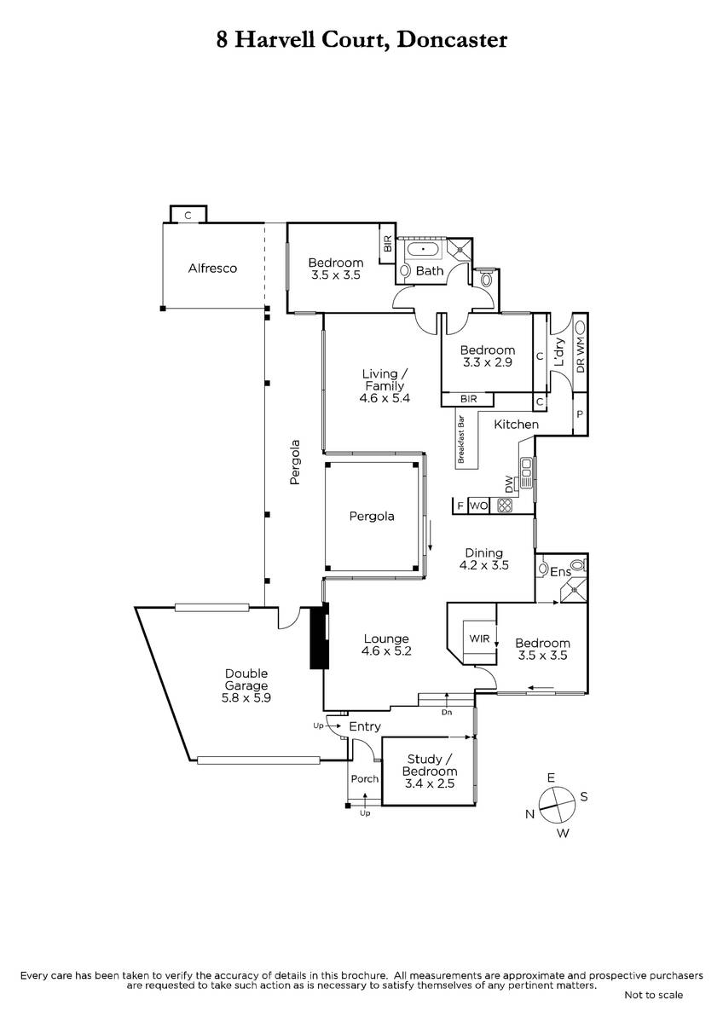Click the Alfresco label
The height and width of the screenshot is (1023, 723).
coord(212,268)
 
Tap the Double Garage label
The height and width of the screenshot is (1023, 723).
coord(246,679)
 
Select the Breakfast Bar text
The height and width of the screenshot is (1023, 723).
coord(461,439)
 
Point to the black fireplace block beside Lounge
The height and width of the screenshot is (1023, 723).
coord(319,637)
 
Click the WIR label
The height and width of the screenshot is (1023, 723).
coord(479,639)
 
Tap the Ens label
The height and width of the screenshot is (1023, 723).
coord(560,572)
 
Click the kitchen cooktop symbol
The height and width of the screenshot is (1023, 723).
coord(505,506)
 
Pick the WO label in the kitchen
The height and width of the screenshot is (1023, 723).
coord(478,506)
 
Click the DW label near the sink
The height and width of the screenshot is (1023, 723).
coord(509,484)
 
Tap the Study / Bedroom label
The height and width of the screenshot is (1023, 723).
coord(430,772)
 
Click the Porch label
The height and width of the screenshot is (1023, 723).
coord(364,778)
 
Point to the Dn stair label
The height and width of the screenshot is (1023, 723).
coord(447,712)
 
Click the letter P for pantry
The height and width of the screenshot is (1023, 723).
coord(580,414)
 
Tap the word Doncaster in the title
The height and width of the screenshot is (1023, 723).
coord(452,40)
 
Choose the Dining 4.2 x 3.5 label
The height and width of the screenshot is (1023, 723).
coord(484,559)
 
